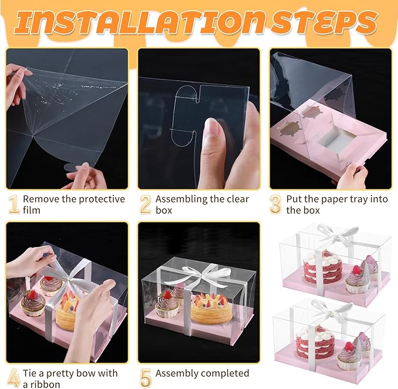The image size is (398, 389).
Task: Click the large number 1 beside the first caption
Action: [x=13, y=204]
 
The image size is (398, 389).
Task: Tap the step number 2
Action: [x=145, y=204]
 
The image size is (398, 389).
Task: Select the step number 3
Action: [x=276, y=204]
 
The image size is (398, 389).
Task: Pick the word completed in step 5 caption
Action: [x=225, y=373]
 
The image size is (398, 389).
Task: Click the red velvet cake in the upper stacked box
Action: [x=318, y=268]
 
